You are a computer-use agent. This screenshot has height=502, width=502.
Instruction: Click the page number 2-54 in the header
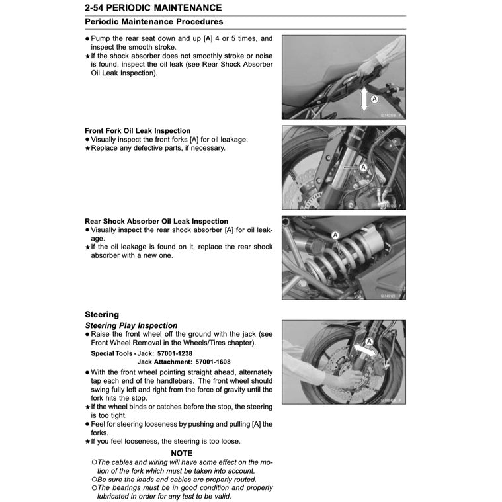(97, 8)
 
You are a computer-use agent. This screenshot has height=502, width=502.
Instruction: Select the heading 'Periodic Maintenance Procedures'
(153, 22)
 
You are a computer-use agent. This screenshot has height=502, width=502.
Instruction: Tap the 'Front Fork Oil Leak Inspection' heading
(138, 131)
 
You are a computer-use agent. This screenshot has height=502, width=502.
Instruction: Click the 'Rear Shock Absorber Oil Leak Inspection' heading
(156, 221)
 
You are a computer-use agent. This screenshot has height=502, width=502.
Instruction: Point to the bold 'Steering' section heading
(102, 315)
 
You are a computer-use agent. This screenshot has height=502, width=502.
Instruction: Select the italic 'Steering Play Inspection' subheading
(131, 325)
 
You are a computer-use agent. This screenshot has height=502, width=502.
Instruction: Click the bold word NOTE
(181, 453)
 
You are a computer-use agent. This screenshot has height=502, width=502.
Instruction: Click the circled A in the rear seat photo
(374, 98)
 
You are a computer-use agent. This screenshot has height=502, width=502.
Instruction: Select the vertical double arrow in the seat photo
(364, 100)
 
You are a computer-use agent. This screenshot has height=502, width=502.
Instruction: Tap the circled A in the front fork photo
(363, 167)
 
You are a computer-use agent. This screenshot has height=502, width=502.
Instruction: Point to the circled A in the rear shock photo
(335, 235)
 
